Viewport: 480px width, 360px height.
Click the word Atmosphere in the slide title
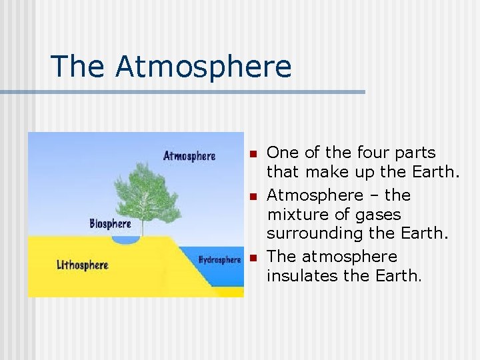(x=203, y=67)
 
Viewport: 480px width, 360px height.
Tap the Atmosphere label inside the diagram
(x=189, y=156)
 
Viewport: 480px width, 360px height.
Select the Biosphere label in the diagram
(x=110, y=223)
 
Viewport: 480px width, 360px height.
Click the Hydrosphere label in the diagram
(x=219, y=260)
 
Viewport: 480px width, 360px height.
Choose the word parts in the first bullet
(x=412, y=153)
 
